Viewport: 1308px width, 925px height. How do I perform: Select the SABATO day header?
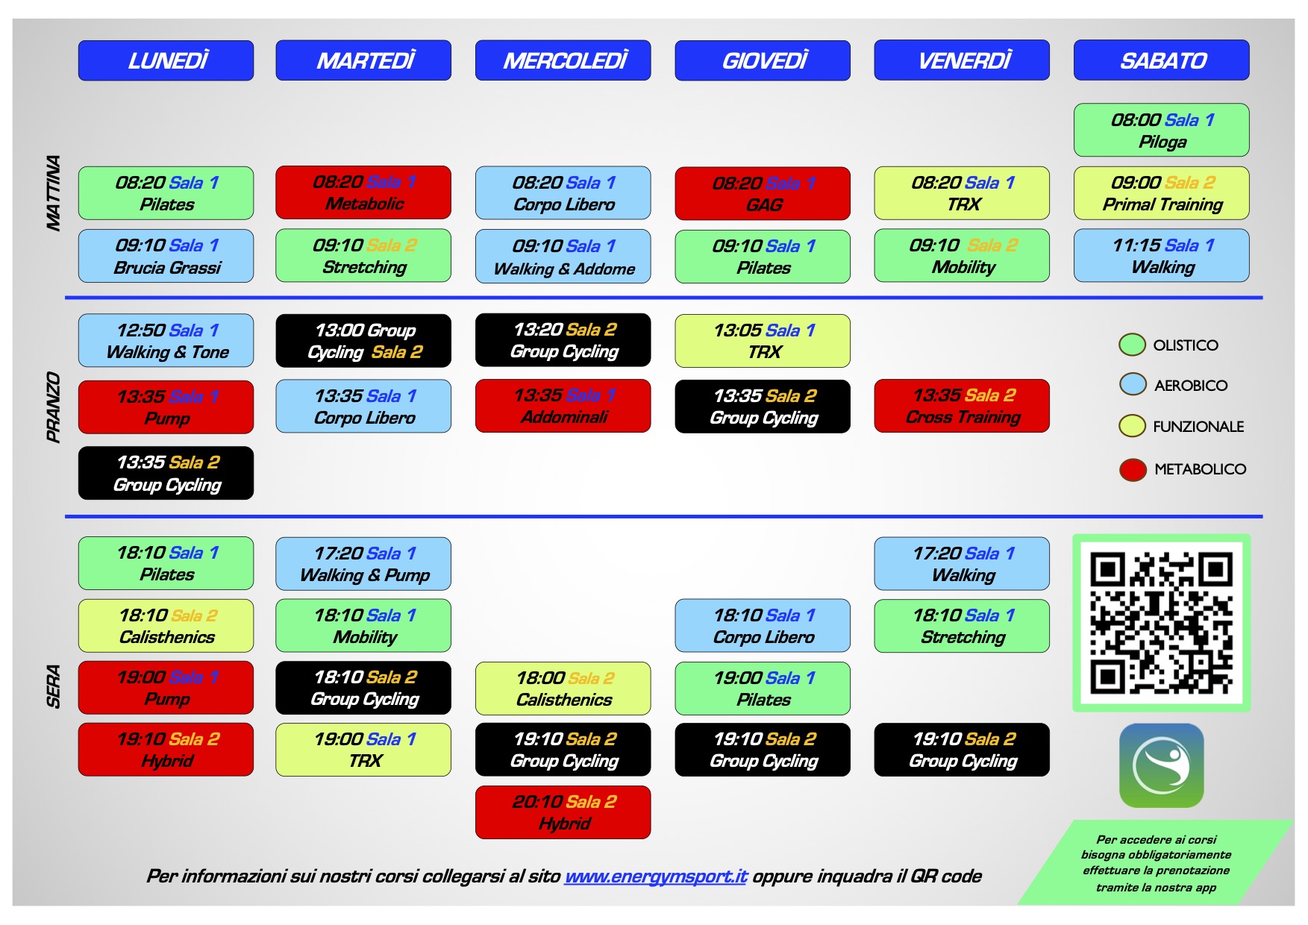pyautogui.click(x=1162, y=60)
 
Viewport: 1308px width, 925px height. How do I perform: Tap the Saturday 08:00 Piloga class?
pyautogui.click(x=1162, y=130)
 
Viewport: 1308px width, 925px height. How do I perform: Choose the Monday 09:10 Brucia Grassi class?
pyautogui.click(x=166, y=256)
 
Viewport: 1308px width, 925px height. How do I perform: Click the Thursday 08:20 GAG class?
pyautogui.click(x=763, y=193)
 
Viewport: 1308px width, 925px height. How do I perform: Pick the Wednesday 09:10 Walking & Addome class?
pyautogui.click(x=563, y=257)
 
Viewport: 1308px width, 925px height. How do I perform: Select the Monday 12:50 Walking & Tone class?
pyautogui.click(x=166, y=341)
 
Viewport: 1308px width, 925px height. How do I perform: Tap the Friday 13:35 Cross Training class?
pyautogui.click(x=962, y=406)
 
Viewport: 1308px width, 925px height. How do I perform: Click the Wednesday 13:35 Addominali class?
pyautogui.click(x=563, y=406)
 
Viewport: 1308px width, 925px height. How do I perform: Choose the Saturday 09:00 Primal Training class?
pyautogui.click(x=1162, y=193)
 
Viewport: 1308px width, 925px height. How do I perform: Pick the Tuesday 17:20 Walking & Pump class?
pyautogui.click(x=363, y=564)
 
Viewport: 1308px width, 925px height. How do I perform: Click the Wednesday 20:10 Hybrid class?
pyautogui.click(x=563, y=812)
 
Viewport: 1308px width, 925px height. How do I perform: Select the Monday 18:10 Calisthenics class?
pyautogui.click(x=166, y=626)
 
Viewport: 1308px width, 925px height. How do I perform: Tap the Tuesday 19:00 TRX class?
pyautogui.click(x=363, y=750)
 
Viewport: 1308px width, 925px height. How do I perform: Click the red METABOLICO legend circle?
pyautogui.click(x=1133, y=469)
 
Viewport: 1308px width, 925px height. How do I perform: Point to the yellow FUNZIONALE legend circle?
pyautogui.click(x=1133, y=426)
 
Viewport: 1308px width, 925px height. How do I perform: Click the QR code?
pyautogui.click(x=1161, y=623)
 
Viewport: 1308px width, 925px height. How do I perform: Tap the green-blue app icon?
pyautogui.click(x=1161, y=765)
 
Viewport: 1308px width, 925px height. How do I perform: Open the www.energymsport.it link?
pyautogui.click(x=656, y=876)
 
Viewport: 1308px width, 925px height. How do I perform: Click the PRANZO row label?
pyautogui.click(x=53, y=407)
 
